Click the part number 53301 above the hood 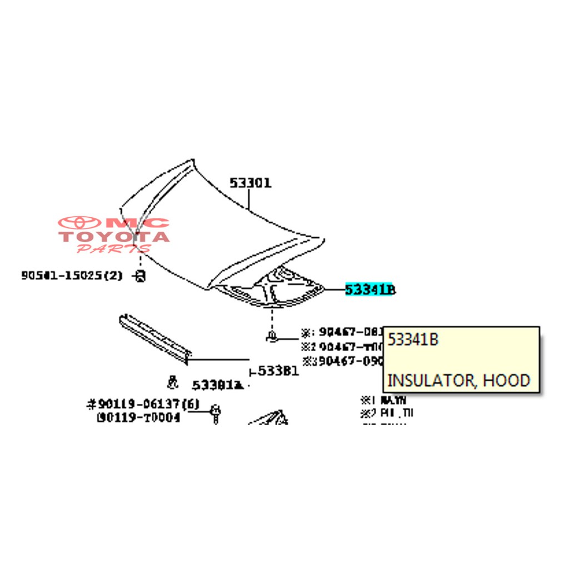point(251,183)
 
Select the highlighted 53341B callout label point(370,290)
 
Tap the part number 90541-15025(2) point(72,275)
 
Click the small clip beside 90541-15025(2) point(141,275)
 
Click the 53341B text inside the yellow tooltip point(413,340)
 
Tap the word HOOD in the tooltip point(506,381)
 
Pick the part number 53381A point(218,385)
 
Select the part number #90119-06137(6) point(143,405)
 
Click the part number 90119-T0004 point(138,417)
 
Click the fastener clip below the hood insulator point(272,336)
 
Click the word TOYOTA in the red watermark point(114,237)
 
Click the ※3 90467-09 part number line point(343,361)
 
